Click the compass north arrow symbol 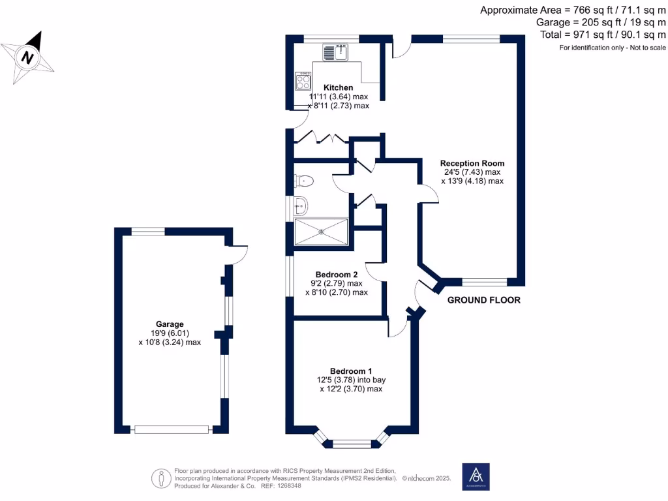click(28, 56)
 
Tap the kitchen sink click(337, 52)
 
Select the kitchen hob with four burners click(303, 81)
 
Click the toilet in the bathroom click(305, 181)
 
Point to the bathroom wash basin click(301, 207)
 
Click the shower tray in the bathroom click(321, 232)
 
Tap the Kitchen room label click(338, 87)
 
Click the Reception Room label click(472, 163)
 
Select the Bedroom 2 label click(337, 274)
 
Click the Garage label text click(170, 324)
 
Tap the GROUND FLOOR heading click(483, 301)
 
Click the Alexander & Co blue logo click(476, 477)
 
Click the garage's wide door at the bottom click(172, 429)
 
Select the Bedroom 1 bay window click(352, 442)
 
